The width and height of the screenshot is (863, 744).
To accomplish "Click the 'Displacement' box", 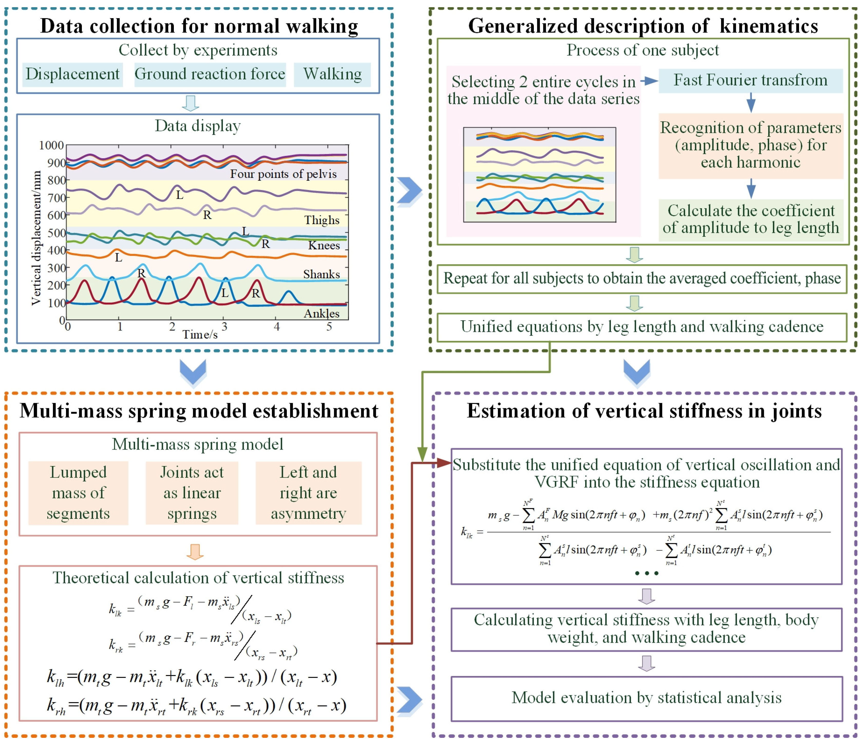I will point(72,74).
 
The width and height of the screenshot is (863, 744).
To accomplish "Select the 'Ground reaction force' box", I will point(210,74).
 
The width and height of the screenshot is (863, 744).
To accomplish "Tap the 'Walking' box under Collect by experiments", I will point(332,74).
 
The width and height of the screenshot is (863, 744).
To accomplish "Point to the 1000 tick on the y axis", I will point(51,145).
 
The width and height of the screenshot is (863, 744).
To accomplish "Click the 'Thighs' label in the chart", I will point(321,220).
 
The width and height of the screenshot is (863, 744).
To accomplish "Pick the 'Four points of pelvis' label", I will point(283,174).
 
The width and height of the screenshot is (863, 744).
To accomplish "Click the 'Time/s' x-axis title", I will point(200,334).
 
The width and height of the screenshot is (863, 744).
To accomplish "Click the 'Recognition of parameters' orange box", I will point(751,145).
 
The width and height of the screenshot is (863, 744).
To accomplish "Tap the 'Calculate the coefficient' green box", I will point(751,219).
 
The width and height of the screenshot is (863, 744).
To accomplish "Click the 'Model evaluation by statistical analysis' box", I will point(647,698).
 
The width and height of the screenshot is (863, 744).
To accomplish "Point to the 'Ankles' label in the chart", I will point(321,313).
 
